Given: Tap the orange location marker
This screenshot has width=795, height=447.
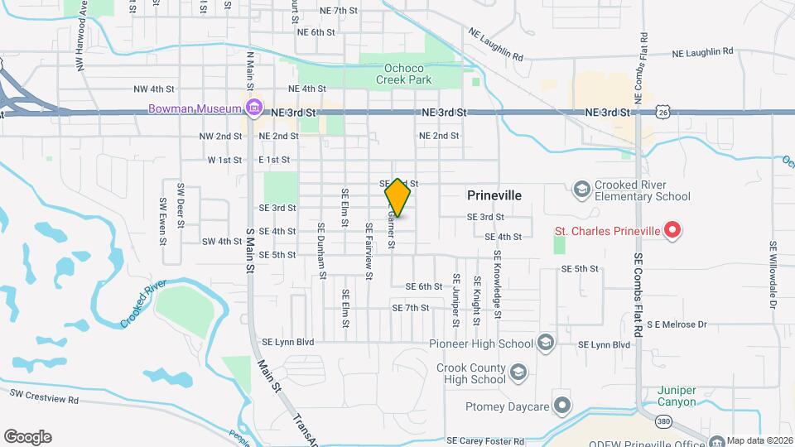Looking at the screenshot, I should (x=397, y=198).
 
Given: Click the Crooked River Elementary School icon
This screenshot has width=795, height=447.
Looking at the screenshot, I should (x=581, y=190).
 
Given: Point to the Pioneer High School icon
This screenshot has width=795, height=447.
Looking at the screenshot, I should (x=545, y=343).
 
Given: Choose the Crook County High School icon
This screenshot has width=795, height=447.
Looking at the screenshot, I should (x=518, y=372).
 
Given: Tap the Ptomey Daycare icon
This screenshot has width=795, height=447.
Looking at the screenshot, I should (x=562, y=406).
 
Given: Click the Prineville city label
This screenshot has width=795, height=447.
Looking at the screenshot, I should (x=494, y=195).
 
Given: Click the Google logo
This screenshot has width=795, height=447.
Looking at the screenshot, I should (x=27, y=437).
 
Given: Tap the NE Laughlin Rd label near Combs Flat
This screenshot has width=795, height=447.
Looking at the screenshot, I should (x=702, y=51).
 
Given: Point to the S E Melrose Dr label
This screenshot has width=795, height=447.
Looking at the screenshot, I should (x=677, y=324).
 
